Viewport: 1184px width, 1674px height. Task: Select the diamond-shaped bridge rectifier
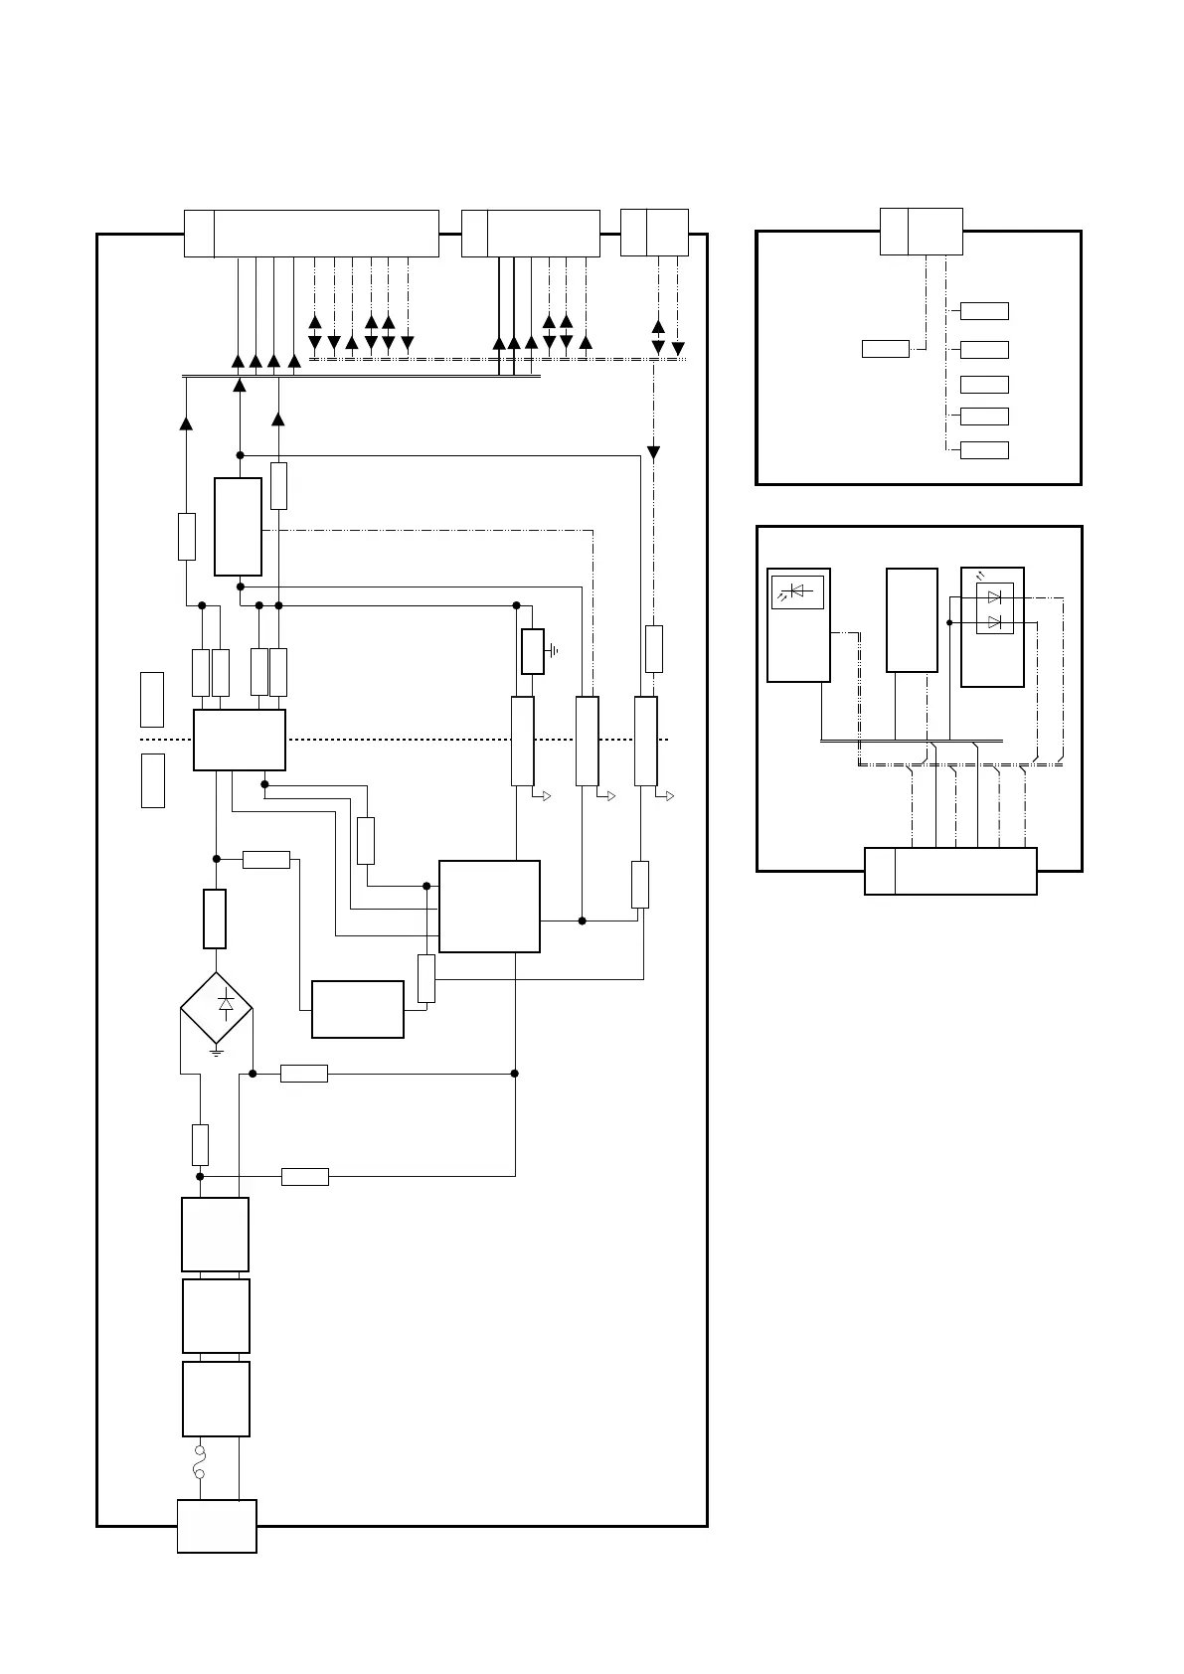(217, 1008)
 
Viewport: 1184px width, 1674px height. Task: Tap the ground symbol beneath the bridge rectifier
(217, 1052)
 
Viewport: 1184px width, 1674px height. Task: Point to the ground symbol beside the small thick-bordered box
(554, 651)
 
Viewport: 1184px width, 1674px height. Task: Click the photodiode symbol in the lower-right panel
(797, 591)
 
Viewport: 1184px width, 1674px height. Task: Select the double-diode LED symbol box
(994, 609)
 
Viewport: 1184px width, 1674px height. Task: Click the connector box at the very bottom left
(217, 1525)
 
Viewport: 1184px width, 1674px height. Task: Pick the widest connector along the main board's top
(311, 234)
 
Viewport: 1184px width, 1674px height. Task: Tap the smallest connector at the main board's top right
(654, 233)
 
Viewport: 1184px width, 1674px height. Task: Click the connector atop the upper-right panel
(922, 232)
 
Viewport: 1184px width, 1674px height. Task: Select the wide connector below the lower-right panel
(950, 871)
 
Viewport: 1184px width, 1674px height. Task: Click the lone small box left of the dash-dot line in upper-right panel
(885, 348)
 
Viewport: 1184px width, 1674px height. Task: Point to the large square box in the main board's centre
(489, 906)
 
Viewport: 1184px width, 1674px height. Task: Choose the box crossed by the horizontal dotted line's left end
(240, 740)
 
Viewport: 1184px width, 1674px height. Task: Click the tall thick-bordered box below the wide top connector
(239, 526)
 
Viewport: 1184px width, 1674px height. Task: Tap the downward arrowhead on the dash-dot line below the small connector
(653, 453)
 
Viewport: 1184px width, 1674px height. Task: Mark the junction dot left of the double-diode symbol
(950, 622)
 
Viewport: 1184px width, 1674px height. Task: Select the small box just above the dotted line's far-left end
(152, 699)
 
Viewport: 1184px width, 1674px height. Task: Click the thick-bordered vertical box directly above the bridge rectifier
(215, 919)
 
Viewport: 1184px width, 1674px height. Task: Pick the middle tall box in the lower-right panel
(912, 620)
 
